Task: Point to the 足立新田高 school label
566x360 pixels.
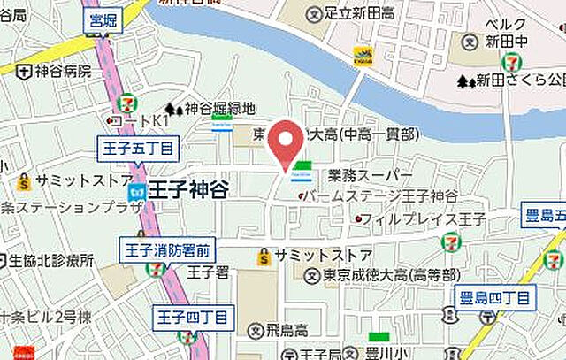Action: (354, 13)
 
